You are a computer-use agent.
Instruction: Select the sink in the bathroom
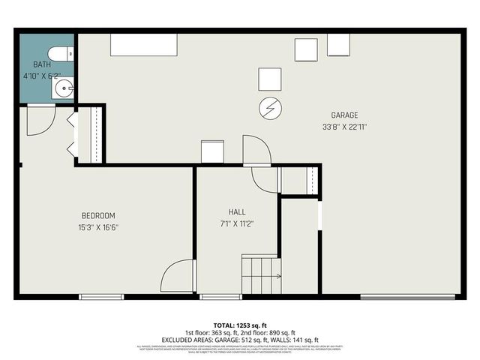click(x=63, y=89)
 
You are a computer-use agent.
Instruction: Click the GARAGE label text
click(x=344, y=115)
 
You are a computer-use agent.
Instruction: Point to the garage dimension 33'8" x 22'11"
click(x=344, y=127)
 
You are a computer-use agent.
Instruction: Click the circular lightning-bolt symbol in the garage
click(x=269, y=109)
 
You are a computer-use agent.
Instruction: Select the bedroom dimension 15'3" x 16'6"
click(x=98, y=227)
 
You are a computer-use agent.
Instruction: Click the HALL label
click(x=237, y=212)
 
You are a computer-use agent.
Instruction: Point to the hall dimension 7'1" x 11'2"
click(x=237, y=223)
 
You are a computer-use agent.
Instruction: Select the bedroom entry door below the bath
click(x=40, y=120)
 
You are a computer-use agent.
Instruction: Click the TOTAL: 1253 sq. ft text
click(x=239, y=325)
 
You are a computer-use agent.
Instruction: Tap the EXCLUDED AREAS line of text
click(x=239, y=340)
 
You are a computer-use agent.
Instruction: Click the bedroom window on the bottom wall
click(x=101, y=298)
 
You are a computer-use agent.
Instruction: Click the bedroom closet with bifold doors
click(x=87, y=135)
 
